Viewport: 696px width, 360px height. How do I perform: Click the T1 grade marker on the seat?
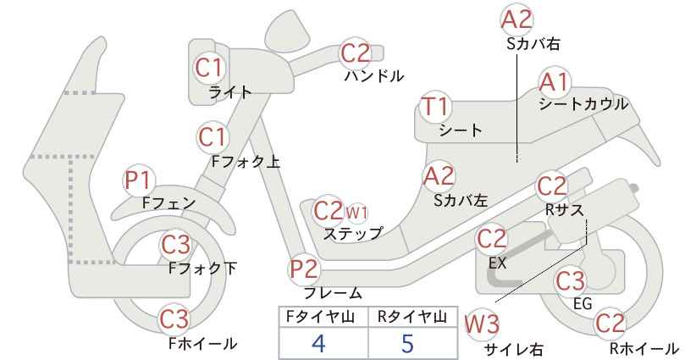point(435,107)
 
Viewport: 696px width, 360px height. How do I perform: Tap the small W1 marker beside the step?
point(356,213)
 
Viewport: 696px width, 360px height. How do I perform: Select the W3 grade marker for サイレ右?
point(482,325)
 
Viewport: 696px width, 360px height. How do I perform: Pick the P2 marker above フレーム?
point(305,269)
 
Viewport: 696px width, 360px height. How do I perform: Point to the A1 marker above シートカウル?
point(555,82)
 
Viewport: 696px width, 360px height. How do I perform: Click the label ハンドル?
point(374,76)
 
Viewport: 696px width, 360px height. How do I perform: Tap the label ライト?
point(230,92)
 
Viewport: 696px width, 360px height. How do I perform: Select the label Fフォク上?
point(246,162)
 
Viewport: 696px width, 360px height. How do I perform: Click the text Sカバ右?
point(533,43)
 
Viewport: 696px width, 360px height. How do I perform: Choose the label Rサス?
point(564,209)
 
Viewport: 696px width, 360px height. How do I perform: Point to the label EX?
point(497,263)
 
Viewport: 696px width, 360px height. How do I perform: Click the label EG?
point(583,304)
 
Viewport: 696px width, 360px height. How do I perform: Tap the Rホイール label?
point(644,348)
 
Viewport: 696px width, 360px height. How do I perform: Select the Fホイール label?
point(203,343)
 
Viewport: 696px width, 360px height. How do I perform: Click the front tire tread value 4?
point(318,343)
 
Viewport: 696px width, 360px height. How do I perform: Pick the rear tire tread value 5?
point(407,343)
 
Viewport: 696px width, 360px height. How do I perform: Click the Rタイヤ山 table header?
point(412,317)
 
